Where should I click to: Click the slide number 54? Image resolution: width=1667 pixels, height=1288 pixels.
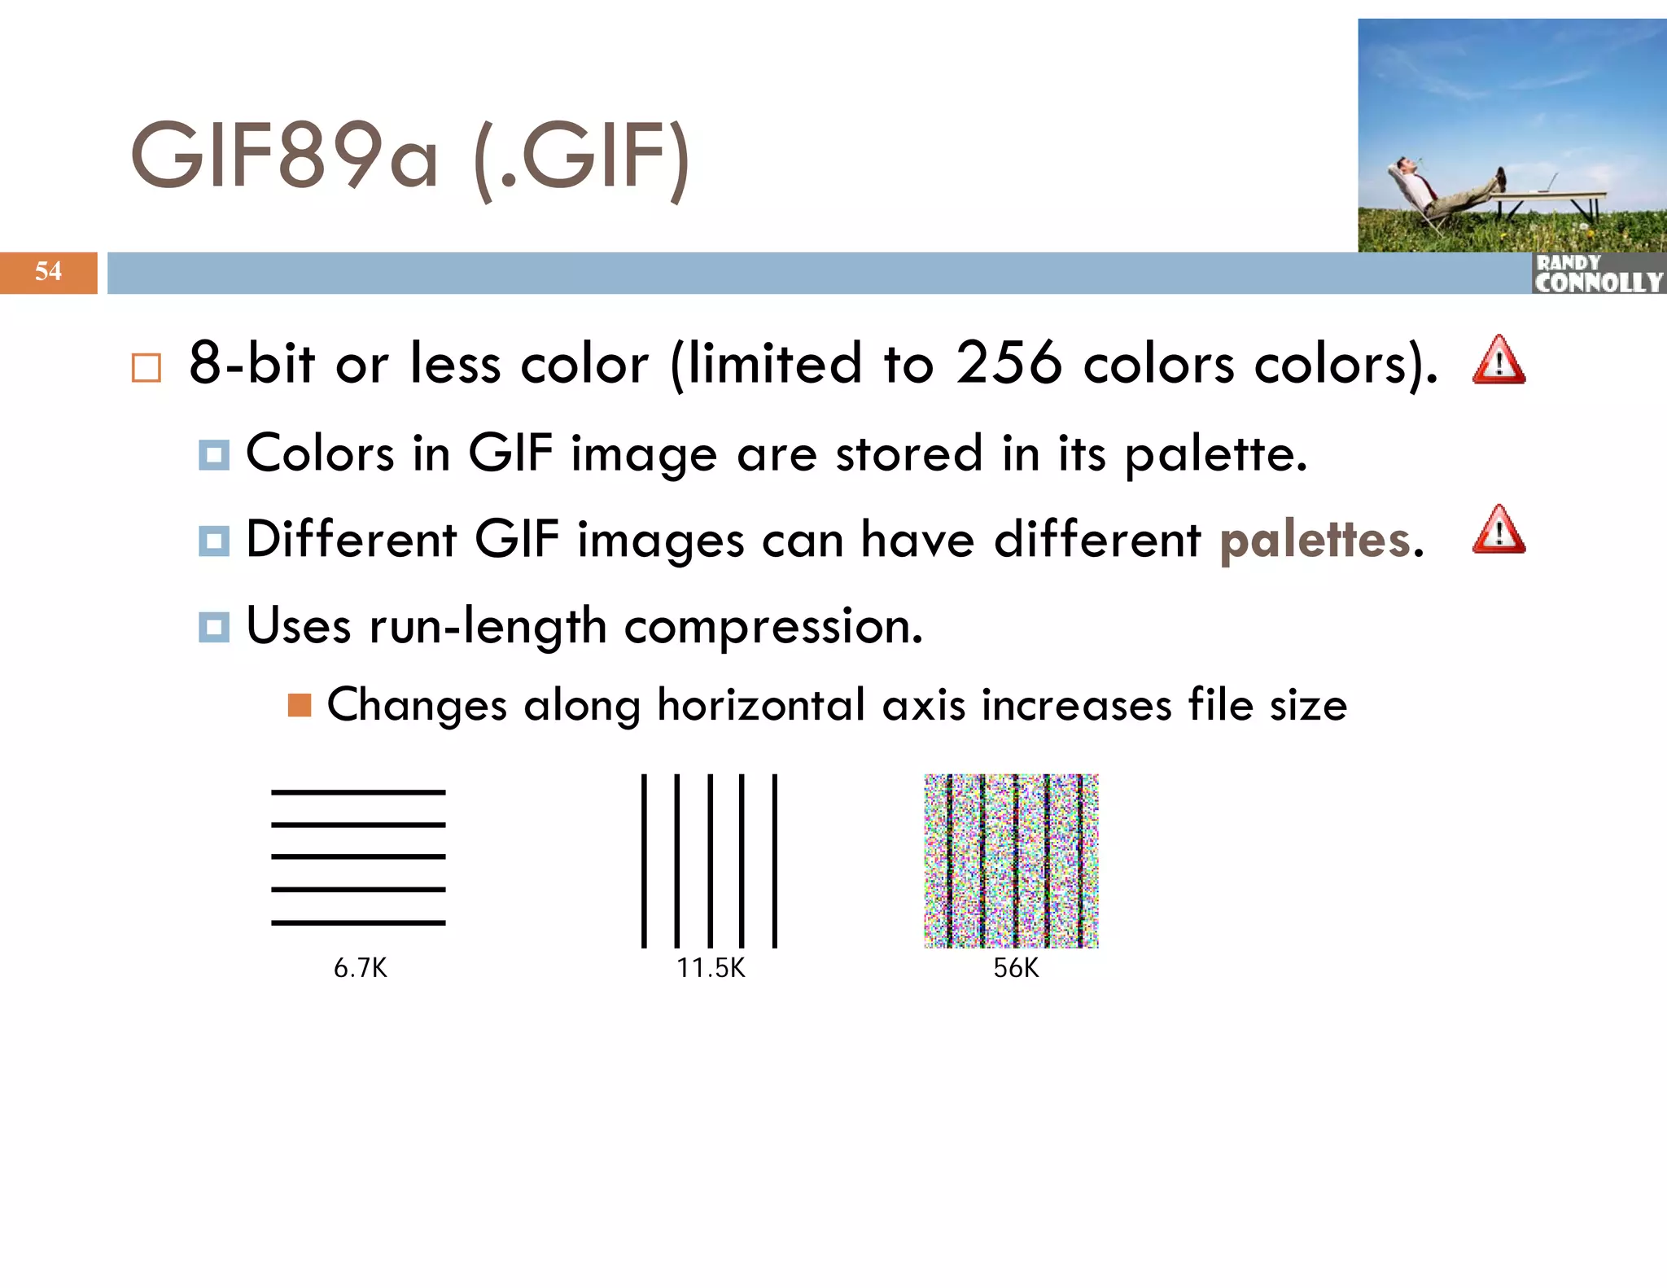[48, 271]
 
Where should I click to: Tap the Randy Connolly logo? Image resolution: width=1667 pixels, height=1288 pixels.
[1598, 274]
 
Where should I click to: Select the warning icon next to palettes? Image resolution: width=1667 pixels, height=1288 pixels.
[1499, 531]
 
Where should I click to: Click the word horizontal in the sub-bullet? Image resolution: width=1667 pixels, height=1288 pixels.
[760, 705]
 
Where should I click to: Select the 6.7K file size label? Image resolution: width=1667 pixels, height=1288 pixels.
[360, 968]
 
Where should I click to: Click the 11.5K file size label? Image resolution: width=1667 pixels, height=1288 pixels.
[711, 968]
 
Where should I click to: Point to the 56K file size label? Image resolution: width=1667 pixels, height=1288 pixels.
[1015, 968]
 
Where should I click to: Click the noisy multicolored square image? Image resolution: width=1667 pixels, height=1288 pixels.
[1011, 861]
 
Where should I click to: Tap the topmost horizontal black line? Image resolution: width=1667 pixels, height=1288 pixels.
[358, 792]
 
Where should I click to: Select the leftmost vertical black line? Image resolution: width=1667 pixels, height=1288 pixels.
[644, 861]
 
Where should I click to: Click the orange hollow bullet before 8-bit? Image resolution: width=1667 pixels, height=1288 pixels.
[147, 368]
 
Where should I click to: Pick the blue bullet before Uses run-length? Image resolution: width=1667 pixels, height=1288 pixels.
[214, 627]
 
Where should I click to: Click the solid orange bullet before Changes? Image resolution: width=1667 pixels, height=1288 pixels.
[300, 705]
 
